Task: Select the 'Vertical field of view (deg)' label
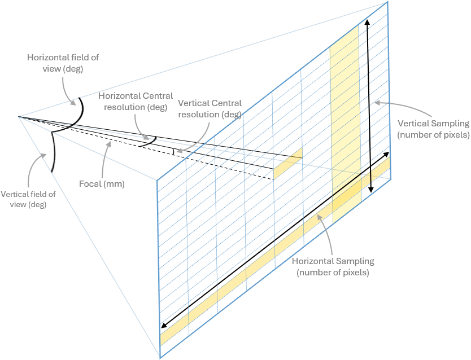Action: click(x=28, y=199)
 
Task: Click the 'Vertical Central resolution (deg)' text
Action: click(x=210, y=109)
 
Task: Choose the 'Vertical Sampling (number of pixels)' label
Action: click(x=433, y=129)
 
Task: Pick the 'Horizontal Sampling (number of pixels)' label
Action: click(x=333, y=267)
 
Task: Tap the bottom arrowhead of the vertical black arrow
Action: click(x=370, y=191)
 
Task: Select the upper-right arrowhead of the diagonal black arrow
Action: click(x=387, y=153)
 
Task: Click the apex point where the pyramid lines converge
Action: click(x=19, y=117)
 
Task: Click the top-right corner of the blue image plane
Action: click(x=387, y=2)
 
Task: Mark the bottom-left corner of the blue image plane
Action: click(x=160, y=357)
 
